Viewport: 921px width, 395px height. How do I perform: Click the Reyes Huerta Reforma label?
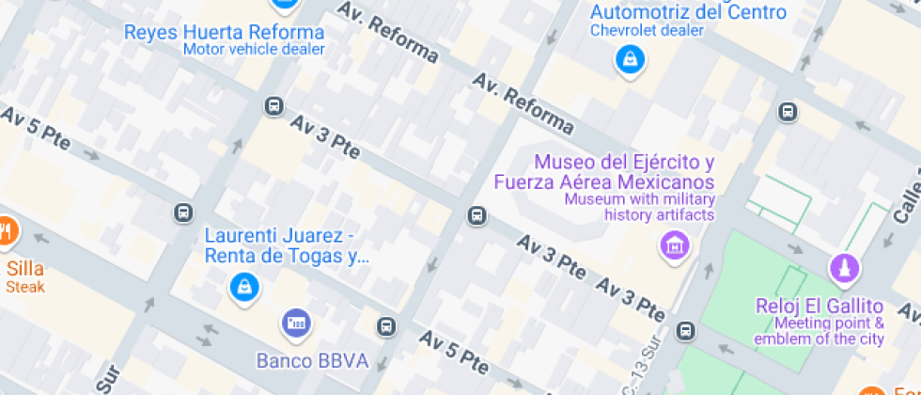[224, 32]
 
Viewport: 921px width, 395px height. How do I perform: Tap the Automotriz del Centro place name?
[687, 11]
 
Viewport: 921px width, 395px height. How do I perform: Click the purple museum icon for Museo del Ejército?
[673, 247]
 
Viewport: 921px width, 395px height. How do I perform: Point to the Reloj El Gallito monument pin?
[844, 269]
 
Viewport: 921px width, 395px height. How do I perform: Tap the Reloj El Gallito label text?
[820, 306]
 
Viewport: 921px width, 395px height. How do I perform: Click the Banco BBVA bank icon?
[296, 324]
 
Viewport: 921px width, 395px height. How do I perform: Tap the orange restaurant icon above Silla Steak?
[6, 229]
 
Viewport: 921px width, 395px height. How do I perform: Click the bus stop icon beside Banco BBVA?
[385, 326]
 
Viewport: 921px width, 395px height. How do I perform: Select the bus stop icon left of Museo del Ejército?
[476, 216]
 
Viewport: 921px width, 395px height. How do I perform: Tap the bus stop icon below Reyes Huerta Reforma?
[273, 105]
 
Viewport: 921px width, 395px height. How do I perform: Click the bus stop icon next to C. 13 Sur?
[686, 330]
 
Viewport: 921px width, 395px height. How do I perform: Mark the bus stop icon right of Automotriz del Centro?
[788, 113]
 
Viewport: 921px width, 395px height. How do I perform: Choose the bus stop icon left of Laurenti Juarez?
[183, 213]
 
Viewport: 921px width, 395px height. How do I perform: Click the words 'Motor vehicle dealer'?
[254, 50]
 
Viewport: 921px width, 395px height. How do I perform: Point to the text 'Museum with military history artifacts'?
[639, 207]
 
